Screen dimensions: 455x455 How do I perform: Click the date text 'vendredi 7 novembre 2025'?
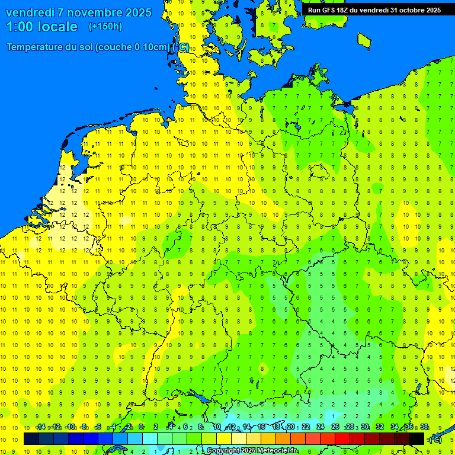pos(78,12)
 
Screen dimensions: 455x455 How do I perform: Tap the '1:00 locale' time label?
pos(42,27)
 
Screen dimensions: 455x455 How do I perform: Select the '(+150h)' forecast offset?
pos(105,27)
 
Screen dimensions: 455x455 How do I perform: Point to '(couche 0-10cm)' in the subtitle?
pos(133,47)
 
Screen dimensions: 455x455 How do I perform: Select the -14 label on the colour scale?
pos(40,427)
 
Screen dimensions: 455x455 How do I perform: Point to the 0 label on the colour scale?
pos(141,427)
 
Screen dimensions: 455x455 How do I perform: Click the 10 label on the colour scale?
pos(217,427)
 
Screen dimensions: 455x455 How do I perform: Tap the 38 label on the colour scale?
pos(424,427)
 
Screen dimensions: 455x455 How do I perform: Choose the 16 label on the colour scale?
pos(261,427)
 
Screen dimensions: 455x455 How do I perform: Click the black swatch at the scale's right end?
pos(416,439)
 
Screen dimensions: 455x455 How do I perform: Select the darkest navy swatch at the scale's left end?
pos(31,439)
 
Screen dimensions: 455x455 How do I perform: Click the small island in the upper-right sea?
pos(364,40)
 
